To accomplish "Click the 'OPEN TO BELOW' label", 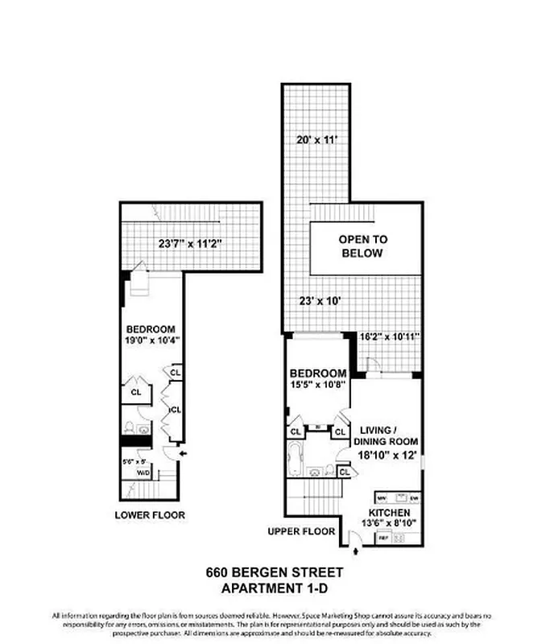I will (362, 246).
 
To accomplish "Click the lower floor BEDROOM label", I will (151, 329).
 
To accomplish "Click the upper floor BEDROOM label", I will (318, 374).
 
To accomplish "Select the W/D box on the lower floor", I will (143, 473).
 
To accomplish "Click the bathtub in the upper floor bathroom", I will (295, 460).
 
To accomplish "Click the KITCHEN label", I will (391, 512).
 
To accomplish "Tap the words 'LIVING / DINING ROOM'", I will (388, 435).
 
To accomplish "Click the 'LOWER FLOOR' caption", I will (150, 515).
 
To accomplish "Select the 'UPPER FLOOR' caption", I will (303, 531).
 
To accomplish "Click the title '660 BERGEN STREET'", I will (276, 573).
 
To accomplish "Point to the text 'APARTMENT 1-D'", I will (276, 588).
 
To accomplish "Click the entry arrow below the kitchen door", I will (358, 552).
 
